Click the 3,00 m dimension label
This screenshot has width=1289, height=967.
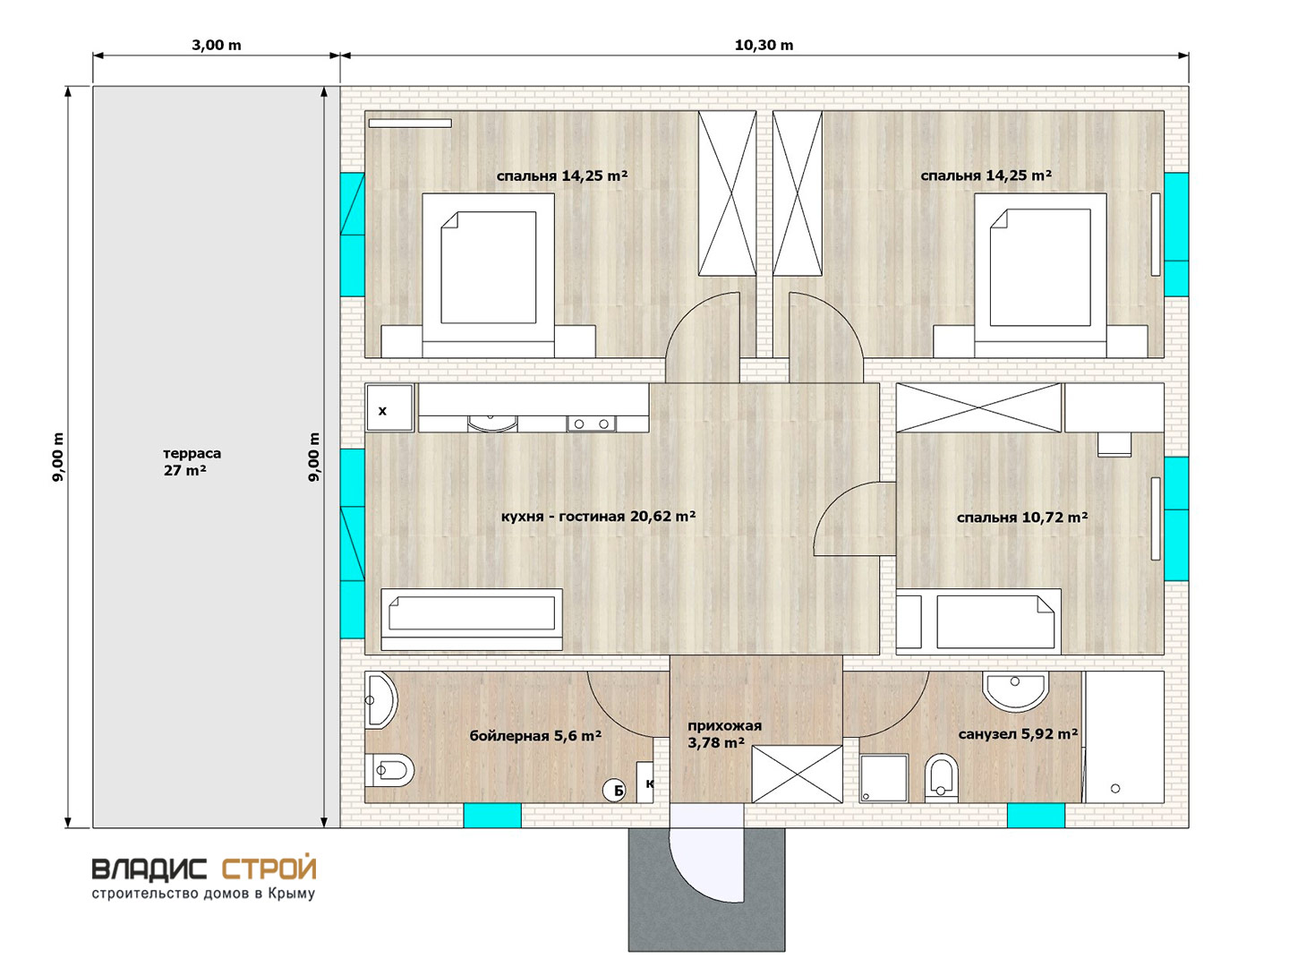pyautogui.click(x=216, y=45)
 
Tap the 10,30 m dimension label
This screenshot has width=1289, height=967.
pyautogui.click(x=764, y=45)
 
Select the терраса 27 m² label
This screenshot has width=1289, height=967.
pyautogui.click(x=192, y=461)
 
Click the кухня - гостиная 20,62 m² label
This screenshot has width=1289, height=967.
pyautogui.click(x=598, y=517)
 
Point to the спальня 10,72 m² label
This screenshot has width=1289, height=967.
pyautogui.click(x=1022, y=518)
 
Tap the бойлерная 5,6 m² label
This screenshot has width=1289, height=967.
pyautogui.click(x=535, y=736)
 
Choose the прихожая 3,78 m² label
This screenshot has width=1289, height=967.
pyautogui.click(x=725, y=734)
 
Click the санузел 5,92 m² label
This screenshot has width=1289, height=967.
pyautogui.click(x=1018, y=734)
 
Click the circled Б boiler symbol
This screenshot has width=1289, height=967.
pyautogui.click(x=614, y=791)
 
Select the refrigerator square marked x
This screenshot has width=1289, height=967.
pyautogui.click(x=389, y=408)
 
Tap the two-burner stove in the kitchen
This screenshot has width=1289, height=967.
pyautogui.click(x=591, y=424)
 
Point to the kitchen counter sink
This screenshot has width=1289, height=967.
pyautogui.click(x=492, y=423)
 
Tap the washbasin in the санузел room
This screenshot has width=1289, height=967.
pyautogui.click(x=1015, y=691)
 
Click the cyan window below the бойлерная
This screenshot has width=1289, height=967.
pyautogui.click(x=492, y=816)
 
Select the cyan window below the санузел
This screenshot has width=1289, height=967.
pyautogui.click(x=1036, y=816)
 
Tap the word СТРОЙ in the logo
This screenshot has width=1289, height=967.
pyautogui.click(x=269, y=869)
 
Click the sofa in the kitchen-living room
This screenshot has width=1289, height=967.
pyautogui.click(x=472, y=620)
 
